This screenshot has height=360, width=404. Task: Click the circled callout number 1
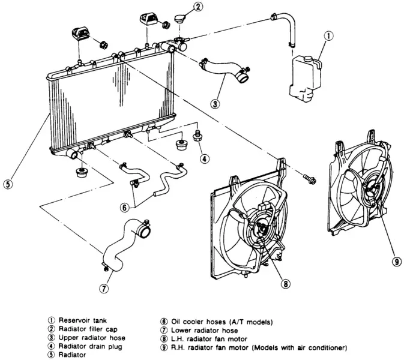point(328,36)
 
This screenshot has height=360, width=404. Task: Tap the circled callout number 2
point(197,6)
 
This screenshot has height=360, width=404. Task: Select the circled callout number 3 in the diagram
point(215,104)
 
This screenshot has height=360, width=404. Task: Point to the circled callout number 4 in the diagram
point(204,158)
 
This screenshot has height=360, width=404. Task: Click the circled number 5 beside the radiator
point(8,184)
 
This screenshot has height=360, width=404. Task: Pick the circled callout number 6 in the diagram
point(125,207)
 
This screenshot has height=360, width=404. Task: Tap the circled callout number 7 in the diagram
point(104,289)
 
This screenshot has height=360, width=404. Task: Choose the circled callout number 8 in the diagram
point(286,284)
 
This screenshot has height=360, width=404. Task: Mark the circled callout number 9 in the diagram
point(396,262)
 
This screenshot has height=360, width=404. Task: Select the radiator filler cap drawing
point(179,19)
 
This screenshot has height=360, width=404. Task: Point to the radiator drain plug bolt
point(197,136)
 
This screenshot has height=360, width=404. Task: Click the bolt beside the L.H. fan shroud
point(309,179)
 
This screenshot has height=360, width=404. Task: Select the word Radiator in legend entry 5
point(72,355)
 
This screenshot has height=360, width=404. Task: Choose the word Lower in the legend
point(180,331)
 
